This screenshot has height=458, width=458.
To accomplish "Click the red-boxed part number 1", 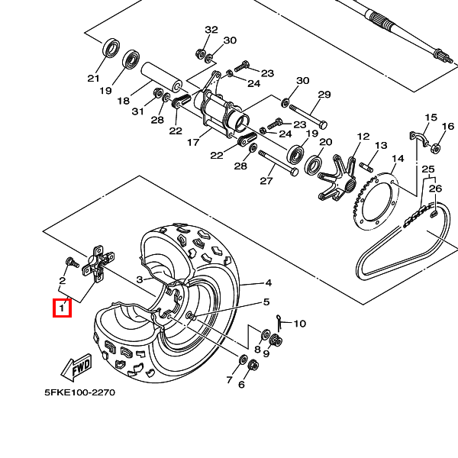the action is (62, 308).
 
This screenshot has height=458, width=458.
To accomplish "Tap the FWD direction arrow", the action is (76, 368).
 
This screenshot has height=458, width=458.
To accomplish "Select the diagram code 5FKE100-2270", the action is (79, 392).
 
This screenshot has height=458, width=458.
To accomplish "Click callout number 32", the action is (211, 30).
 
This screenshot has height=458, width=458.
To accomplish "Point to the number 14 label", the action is (398, 159).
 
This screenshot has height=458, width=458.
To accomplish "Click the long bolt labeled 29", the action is (308, 117).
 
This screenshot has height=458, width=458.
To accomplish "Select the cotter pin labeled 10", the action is (279, 322).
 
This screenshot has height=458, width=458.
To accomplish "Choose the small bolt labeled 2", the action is (73, 262).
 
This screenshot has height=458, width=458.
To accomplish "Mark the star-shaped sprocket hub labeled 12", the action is (338, 178).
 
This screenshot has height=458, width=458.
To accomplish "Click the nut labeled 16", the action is (436, 147).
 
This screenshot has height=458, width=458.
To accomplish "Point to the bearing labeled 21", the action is (111, 47).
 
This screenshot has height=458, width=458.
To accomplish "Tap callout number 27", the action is (266, 181).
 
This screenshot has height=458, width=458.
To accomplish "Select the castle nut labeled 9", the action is (276, 340).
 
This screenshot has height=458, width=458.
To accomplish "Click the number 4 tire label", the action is (268, 282).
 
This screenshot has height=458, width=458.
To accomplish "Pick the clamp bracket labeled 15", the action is (419, 139).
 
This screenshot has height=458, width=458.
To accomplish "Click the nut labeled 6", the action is (253, 366).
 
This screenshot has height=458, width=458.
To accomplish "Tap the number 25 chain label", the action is (428, 169).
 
